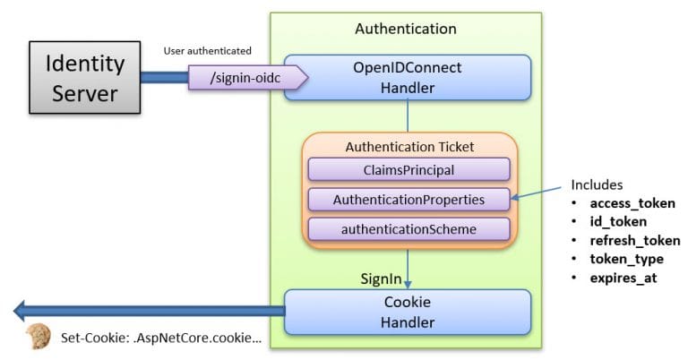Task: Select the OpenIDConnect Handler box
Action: (408, 78)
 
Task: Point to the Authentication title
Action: (405, 29)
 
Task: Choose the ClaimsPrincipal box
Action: (408, 169)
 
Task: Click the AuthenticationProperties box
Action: (408, 199)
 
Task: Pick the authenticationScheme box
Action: (408, 229)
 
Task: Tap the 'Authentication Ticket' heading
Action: (408, 147)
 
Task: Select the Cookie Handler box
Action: (408, 312)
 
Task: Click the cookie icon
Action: (38, 337)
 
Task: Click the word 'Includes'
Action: (597, 185)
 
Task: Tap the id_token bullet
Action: (618, 220)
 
